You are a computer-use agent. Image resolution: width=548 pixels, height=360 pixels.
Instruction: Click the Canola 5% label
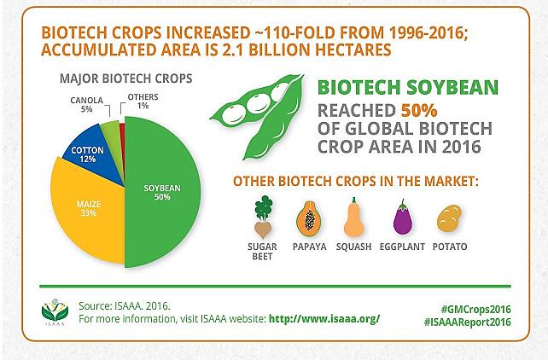tap(87, 104)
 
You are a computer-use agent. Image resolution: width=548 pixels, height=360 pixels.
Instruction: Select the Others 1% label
tap(143, 101)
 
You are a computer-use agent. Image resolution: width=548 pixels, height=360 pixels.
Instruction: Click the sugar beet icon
tap(263, 217)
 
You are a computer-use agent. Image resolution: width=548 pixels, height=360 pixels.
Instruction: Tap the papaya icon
tap(309, 218)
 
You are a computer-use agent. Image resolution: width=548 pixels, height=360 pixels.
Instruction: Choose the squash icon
tap(354, 218)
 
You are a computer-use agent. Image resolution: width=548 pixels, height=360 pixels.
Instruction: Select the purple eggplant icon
tap(403, 218)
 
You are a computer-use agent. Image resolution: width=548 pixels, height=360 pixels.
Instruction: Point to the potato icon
tap(450, 218)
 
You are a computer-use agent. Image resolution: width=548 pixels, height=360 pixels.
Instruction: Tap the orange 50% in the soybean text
tap(419, 111)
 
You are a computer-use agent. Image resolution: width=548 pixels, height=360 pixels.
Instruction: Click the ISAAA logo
tap(55, 312)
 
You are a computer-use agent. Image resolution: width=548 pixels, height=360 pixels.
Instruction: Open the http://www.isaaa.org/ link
tap(324, 319)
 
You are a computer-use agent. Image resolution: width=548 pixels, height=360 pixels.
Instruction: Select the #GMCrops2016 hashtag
tap(475, 309)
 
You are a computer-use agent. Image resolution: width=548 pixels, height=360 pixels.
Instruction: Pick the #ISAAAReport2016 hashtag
tap(467, 322)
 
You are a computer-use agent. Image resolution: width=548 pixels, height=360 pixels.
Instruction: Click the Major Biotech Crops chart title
tap(126, 78)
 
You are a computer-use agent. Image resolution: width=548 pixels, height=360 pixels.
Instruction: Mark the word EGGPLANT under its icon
tap(402, 247)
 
